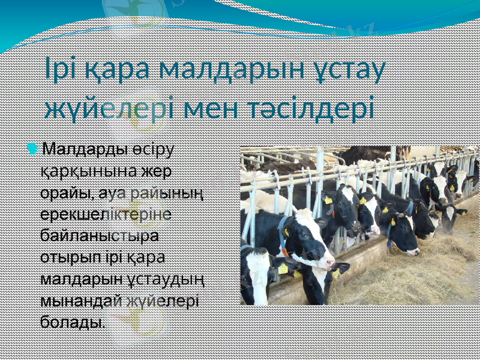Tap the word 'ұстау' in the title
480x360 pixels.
(x=350, y=71)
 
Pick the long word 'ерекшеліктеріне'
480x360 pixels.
(x=106, y=214)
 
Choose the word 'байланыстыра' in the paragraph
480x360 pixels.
(x=100, y=236)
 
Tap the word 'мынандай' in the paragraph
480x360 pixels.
(x=82, y=301)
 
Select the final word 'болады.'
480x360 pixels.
(x=73, y=322)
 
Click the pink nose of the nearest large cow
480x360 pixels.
(x=328, y=263)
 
